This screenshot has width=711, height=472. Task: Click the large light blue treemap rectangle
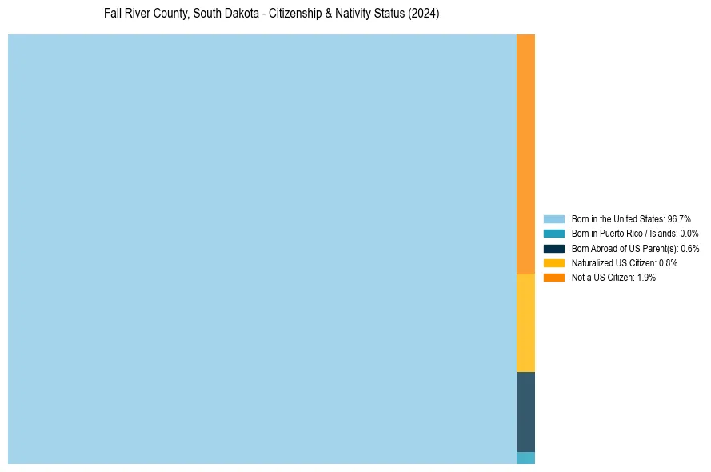click(x=262, y=249)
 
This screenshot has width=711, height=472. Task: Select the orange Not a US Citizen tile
click(x=525, y=154)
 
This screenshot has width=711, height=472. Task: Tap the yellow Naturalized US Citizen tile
click(x=525, y=322)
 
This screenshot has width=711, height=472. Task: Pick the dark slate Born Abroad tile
click(x=525, y=411)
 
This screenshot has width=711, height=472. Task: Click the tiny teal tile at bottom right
click(x=525, y=458)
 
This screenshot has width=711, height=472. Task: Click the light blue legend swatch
click(x=554, y=218)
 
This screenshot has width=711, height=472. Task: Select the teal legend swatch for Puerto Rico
click(x=554, y=234)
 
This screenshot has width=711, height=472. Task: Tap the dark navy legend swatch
click(x=554, y=248)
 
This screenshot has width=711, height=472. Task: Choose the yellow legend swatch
click(x=554, y=262)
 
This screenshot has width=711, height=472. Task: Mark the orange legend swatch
click(x=554, y=278)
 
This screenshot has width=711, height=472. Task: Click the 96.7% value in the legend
click(x=678, y=218)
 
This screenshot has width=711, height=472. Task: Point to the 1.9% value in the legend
click(x=646, y=278)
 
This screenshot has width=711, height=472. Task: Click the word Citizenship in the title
click(x=293, y=14)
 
